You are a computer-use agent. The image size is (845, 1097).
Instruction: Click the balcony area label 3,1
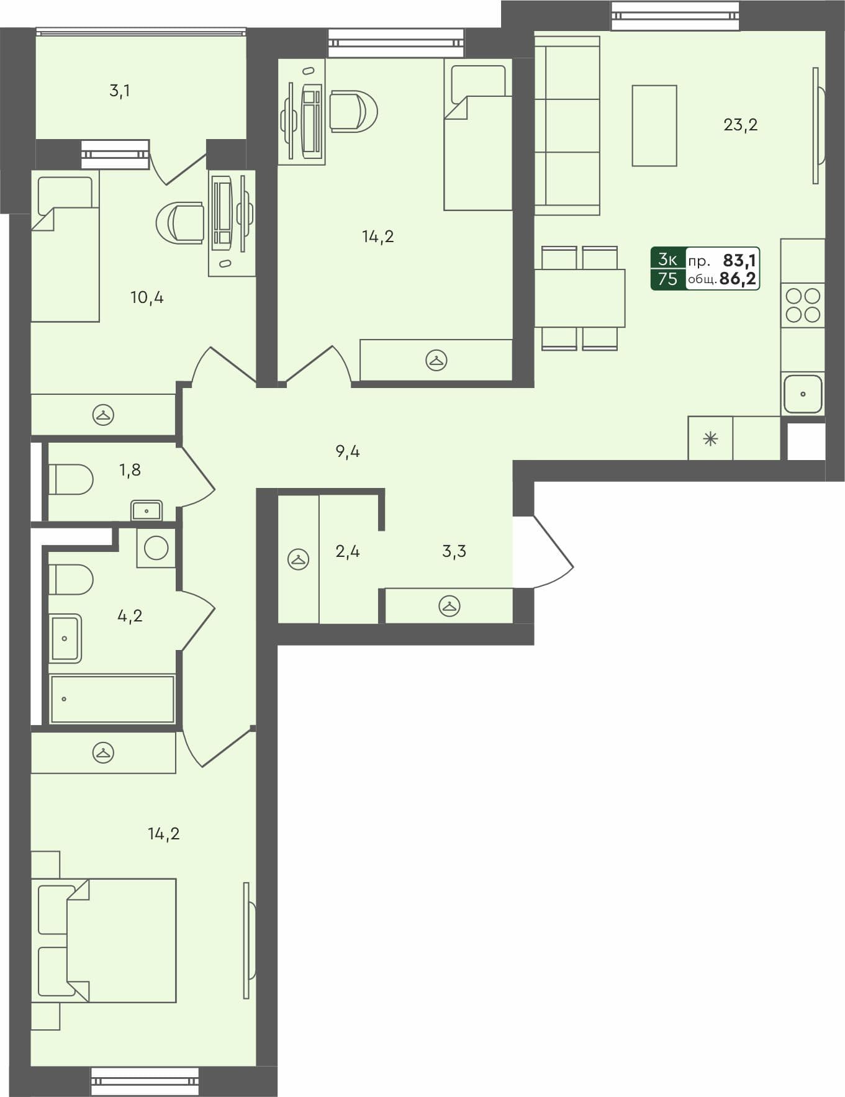coord(119,91)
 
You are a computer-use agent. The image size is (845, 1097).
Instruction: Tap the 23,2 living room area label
coord(740,125)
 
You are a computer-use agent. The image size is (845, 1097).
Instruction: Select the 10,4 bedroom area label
coord(147,297)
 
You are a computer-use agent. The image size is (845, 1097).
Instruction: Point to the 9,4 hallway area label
coord(347,451)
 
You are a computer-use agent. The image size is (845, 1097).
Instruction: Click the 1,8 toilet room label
coord(130,470)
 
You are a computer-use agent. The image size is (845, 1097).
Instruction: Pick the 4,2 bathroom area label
coord(130,616)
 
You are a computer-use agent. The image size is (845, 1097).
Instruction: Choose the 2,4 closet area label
coord(347,551)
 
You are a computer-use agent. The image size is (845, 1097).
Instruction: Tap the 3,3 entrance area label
coord(454,551)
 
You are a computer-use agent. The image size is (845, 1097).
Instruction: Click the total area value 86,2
coord(738,279)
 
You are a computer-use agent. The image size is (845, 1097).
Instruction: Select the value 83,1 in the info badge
coord(739,260)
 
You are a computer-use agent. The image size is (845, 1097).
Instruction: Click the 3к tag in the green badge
coord(667,259)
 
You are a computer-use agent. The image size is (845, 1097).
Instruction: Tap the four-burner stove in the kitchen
coord(803,305)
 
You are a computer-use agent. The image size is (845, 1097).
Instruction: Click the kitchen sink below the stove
coord(803,394)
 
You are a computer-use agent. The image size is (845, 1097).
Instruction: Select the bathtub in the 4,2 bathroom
coord(112,700)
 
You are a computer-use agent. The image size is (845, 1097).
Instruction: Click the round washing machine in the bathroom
coord(156,548)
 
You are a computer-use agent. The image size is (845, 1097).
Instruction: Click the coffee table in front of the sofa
coord(654,125)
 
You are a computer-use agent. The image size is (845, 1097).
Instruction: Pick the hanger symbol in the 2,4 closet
coord(299,559)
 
